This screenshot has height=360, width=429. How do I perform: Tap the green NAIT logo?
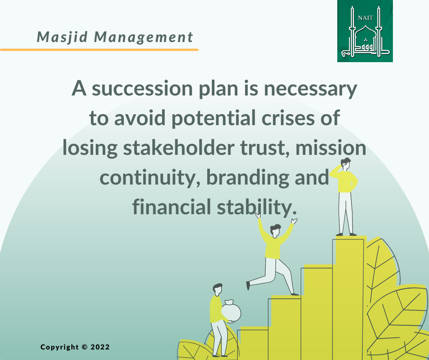click(x=365, y=31)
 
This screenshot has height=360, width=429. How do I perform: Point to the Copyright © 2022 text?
click(x=75, y=347)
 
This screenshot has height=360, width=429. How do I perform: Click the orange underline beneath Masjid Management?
click(x=99, y=49)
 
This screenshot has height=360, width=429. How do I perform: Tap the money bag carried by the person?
click(x=231, y=312)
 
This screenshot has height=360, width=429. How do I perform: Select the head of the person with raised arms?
click(x=275, y=230)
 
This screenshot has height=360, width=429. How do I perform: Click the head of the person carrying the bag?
click(x=217, y=289)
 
